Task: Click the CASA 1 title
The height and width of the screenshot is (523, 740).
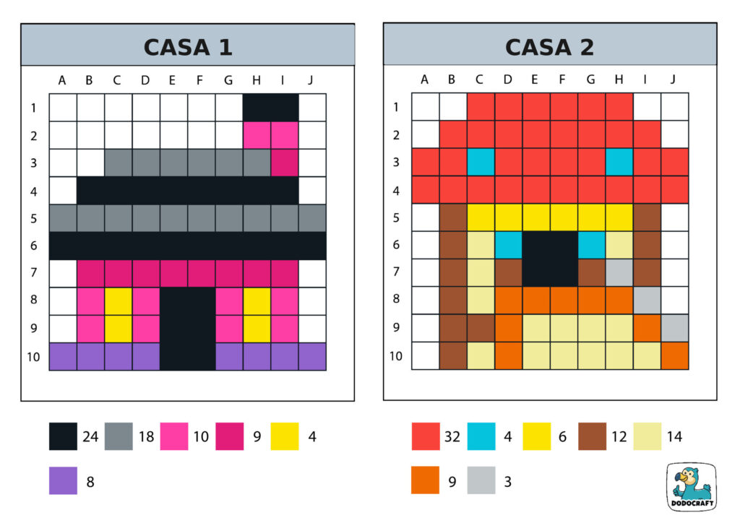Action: tap(187, 47)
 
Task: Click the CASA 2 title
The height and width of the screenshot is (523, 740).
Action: tap(549, 47)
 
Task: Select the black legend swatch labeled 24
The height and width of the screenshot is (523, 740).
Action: tap(63, 436)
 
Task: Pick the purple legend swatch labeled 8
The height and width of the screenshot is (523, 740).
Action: tap(63, 480)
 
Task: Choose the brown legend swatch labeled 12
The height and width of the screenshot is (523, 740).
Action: tap(592, 436)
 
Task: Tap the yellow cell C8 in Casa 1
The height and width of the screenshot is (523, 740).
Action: tap(118, 301)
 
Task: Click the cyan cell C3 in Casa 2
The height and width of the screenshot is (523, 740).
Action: tap(481, 163)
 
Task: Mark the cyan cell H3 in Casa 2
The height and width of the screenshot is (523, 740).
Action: tap(619, 163)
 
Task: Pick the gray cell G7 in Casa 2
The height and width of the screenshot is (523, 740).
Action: tap(619, 273)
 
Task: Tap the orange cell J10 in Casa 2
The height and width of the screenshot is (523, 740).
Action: tap(675, 356)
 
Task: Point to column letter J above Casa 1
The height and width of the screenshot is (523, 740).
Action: tap(311, 80)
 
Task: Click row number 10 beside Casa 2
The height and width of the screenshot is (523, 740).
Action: tap(395, 356)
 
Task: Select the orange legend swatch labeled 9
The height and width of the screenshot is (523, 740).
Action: tap(425, 480)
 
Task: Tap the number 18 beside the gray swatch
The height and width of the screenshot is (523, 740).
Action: tap(146, 436)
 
